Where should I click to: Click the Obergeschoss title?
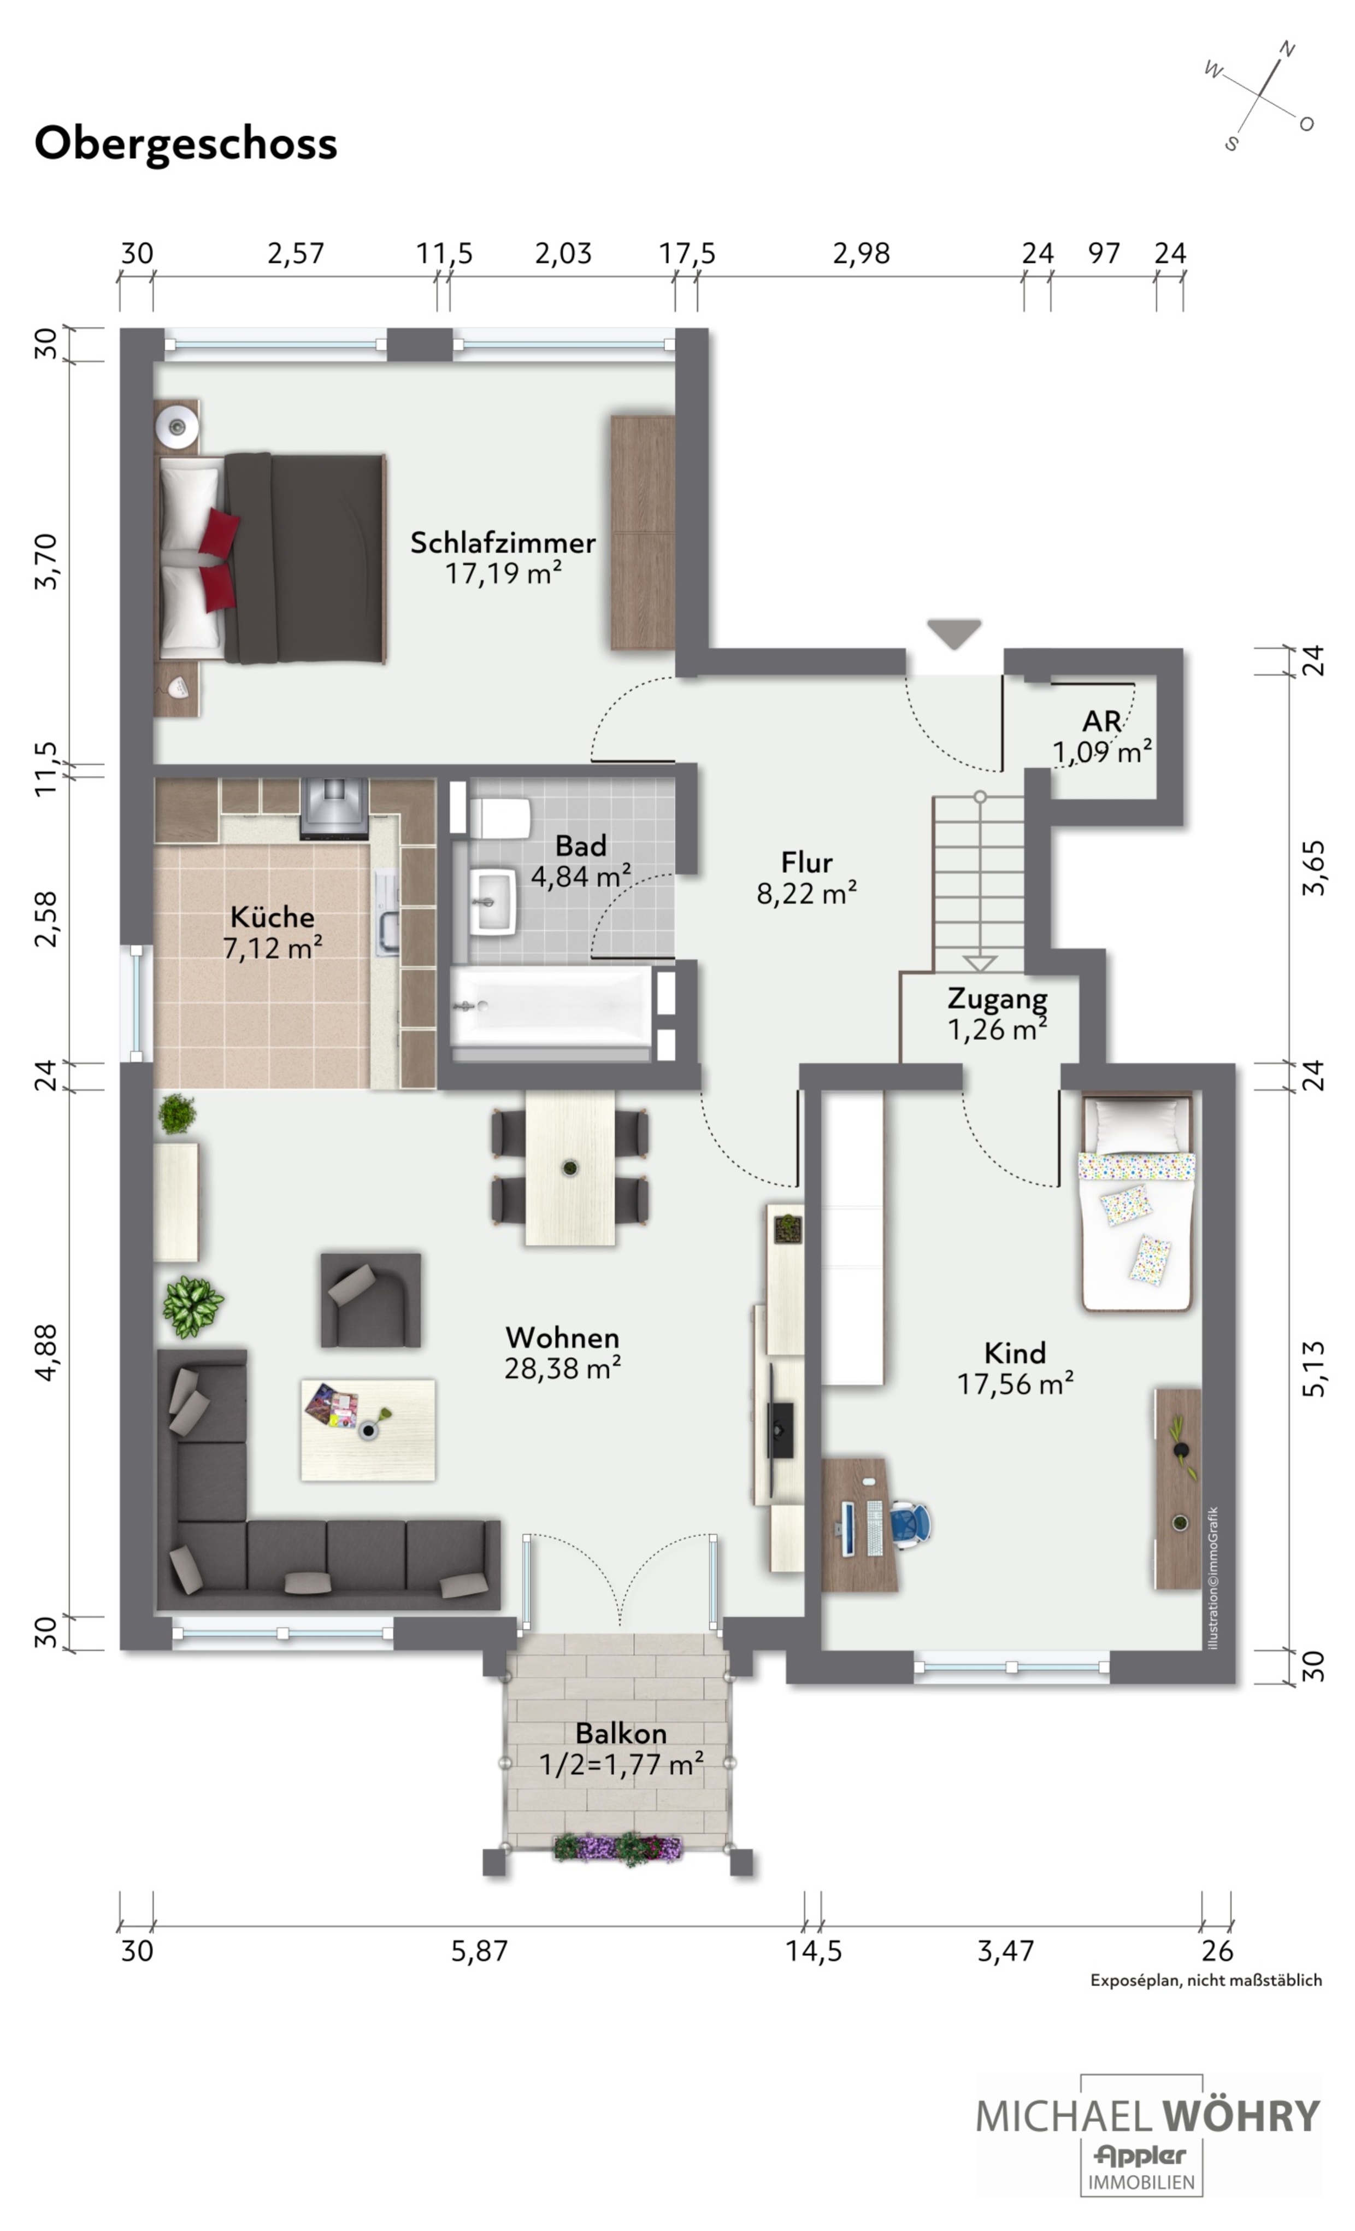pyautogui.click(x=186, y=144)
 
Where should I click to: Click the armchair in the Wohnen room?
pyautogui.click(x=370, y=1300)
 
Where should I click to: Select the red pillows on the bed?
pyautogui.click(x=218, y=559)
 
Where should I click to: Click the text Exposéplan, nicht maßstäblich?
pyautogui.click(x=1206, y=1980)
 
